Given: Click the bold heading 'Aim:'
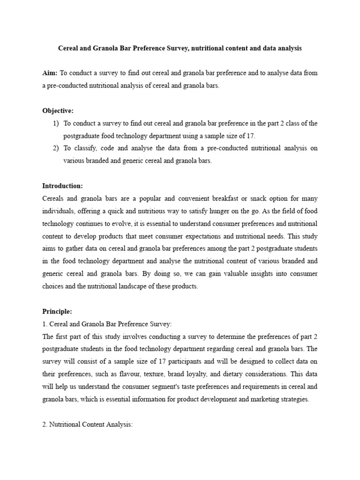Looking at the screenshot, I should tap(50, 73).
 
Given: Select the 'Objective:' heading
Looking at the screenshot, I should tap(58, 111).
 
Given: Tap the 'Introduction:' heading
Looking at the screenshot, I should tap(62, 186).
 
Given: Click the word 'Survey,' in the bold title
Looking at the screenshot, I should tap(172, 48).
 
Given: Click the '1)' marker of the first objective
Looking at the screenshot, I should tap(56, 123).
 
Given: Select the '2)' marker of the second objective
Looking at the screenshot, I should tap(56, 148).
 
